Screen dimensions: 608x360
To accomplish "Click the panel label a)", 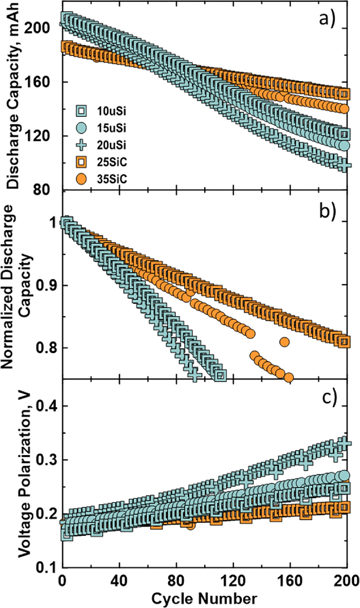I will [327, 18].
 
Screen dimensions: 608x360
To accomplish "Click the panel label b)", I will [327, 211].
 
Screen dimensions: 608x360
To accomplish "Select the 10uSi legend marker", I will [81, 111].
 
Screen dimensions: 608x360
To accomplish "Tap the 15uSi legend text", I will [112, 128].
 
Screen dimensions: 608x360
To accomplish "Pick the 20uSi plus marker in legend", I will [81, 145].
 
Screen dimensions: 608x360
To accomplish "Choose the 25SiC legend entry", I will [112, 162].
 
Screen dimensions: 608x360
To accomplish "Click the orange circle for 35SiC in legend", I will [81, 179].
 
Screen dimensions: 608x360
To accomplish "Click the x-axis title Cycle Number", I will [204, 598].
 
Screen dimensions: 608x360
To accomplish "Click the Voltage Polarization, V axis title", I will [25, 472].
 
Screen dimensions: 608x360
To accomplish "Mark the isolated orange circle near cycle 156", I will [284, 342].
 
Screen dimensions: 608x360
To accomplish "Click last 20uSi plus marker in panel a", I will [345, 165].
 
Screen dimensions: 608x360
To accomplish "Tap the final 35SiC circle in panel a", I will [344, 109].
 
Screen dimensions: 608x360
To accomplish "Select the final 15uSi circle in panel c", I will [344, 476].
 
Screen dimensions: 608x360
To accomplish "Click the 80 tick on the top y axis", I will [41, 189].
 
